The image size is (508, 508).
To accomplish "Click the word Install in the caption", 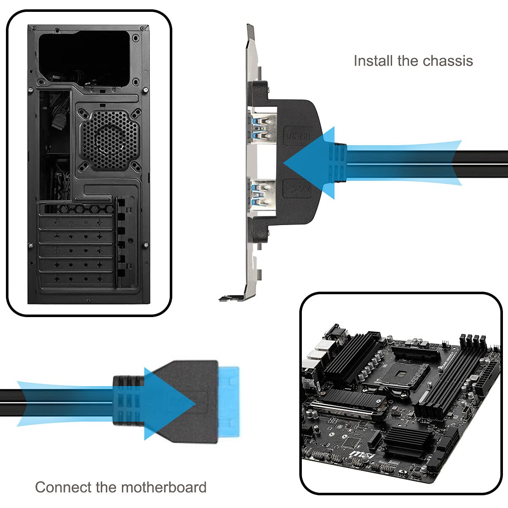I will pyautogui.click(x=373, y=61).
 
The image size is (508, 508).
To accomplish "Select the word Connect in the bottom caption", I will pyautogui.click(x=63, y=487).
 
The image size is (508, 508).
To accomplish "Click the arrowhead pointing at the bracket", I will pyautogui.click(x=307, y=163).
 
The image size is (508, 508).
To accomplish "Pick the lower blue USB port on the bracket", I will pyautogui.click(x=262, y=193).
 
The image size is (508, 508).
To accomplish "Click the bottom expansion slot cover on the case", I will pyautogui.click(x=77, y=280).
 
